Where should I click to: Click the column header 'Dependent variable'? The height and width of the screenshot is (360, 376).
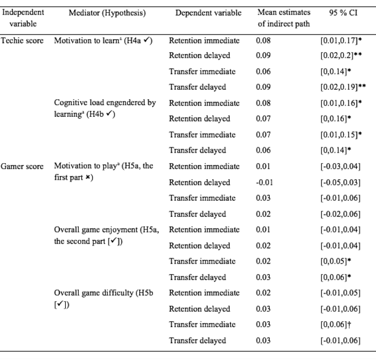(208, 13)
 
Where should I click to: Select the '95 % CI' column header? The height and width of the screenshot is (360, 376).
(343, 12)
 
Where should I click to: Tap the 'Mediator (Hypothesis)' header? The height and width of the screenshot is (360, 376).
(107, 13)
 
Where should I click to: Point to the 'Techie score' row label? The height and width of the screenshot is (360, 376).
(22, 41)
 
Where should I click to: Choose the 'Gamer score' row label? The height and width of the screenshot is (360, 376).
(22, 166)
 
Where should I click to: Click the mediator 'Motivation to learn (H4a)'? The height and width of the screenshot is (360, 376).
(103, 41)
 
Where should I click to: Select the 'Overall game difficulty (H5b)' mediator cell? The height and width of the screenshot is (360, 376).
(103, 299)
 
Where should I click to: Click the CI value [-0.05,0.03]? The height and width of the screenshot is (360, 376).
(341, 183)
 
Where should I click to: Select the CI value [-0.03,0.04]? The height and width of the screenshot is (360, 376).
(341, 166)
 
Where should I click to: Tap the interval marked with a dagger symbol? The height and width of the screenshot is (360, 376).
(336, 325)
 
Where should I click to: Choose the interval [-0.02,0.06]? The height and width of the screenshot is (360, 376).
(341, 214)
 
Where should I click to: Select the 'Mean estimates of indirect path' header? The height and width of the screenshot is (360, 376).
(284, 18)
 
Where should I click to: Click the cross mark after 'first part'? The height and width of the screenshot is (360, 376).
(88, 177)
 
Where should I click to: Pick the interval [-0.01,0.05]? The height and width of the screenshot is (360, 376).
(341, 293)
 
